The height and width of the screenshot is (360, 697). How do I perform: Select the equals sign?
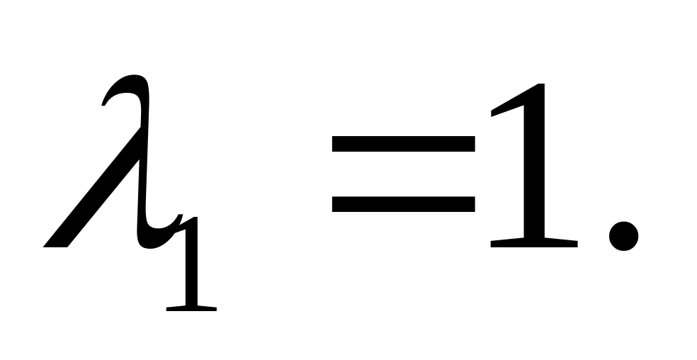[x=402, y=174]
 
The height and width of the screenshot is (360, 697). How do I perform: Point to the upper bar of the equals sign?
[x=402, y=143]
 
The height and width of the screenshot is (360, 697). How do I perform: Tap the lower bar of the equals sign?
[x=402, y=204]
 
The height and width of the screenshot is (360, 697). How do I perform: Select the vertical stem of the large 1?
[x=535, y=170]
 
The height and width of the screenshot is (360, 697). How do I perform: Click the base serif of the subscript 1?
[x=191, y=308]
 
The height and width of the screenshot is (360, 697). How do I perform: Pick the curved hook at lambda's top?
[x=120, y=89]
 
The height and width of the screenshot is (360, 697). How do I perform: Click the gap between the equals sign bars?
[x=402, y=174]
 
